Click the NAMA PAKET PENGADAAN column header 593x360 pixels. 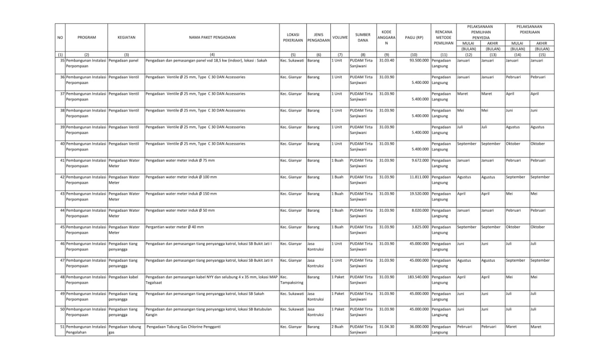[x=212, y=37]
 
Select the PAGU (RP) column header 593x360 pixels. [x=413, y=37]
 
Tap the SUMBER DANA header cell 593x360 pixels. [x=363, y=37]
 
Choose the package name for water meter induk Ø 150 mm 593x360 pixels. [x=182, y=194]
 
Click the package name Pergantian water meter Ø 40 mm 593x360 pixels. [x=175, y=227]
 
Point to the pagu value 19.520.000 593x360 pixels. [x=418, y=194]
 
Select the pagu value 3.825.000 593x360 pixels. [x=419, y=227]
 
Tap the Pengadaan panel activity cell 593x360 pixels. [x=123, y=60]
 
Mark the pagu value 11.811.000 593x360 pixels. [x=418, y=177]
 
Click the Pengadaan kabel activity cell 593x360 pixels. [x=123, y=277]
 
